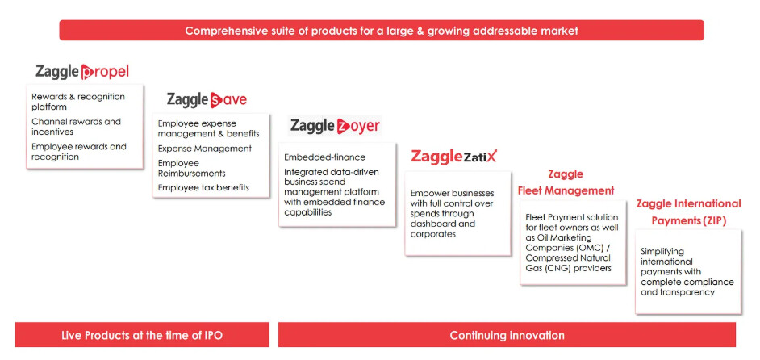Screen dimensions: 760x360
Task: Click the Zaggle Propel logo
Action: click(82, 72)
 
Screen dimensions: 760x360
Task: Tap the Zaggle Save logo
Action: click(207, 99)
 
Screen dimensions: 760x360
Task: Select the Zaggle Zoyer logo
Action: click(335, 126)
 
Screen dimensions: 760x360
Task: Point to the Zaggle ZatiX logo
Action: click(454, 157)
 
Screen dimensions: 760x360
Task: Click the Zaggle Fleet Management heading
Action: click(566, 182)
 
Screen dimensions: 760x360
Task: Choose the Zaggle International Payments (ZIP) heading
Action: click(688, 212)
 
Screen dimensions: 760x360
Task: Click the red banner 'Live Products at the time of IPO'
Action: click(142, 335)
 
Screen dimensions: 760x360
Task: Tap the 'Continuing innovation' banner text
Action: click(507, 335)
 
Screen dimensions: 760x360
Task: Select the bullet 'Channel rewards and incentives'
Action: click(76, 127)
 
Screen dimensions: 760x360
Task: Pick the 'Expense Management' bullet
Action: click(205, 149)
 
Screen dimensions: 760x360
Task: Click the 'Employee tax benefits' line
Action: click(203, 187)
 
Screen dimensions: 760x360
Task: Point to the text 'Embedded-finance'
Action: click(325, 157)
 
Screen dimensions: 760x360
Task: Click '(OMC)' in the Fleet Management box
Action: click(585, 248)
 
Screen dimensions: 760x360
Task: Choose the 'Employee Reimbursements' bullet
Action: click(191, 168)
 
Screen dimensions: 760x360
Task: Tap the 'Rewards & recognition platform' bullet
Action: click(78, 102)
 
